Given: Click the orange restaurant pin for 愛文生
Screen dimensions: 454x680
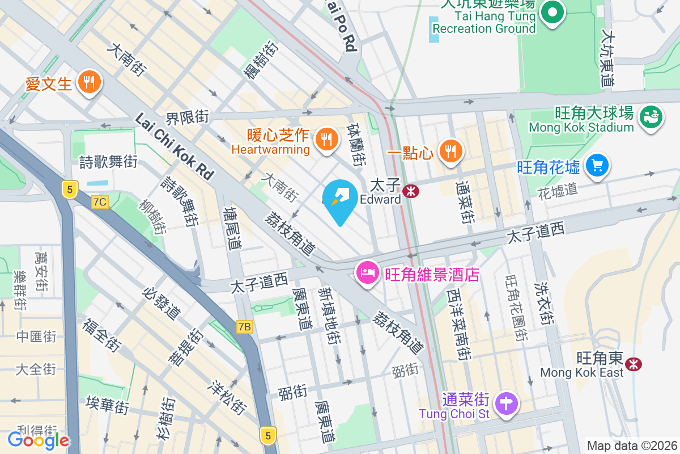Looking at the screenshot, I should pyautogui.click(x=89, y=82).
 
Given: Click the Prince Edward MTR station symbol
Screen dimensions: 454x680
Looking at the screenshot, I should pyautogui.click(x=410, y=191).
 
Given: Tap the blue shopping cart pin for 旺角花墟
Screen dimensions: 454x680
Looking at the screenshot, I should pyautogui.click(x=597, y=166).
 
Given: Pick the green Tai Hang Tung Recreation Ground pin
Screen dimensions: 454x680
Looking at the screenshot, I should pyautogui.click(x=552, y=13).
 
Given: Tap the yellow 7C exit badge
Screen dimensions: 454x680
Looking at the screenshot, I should pyautogui.click(x=100, y=201).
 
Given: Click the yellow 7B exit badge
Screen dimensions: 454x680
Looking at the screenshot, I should pyautogui.click(x=244, y=327).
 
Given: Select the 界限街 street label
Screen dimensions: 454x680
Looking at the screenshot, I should pyautogui.click(x=187, y=118).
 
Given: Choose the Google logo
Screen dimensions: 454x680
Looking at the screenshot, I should pyautogui.click(x=38, y=440).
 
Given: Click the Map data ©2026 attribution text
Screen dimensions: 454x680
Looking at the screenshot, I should pyautogui.click(x=631, y=446).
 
